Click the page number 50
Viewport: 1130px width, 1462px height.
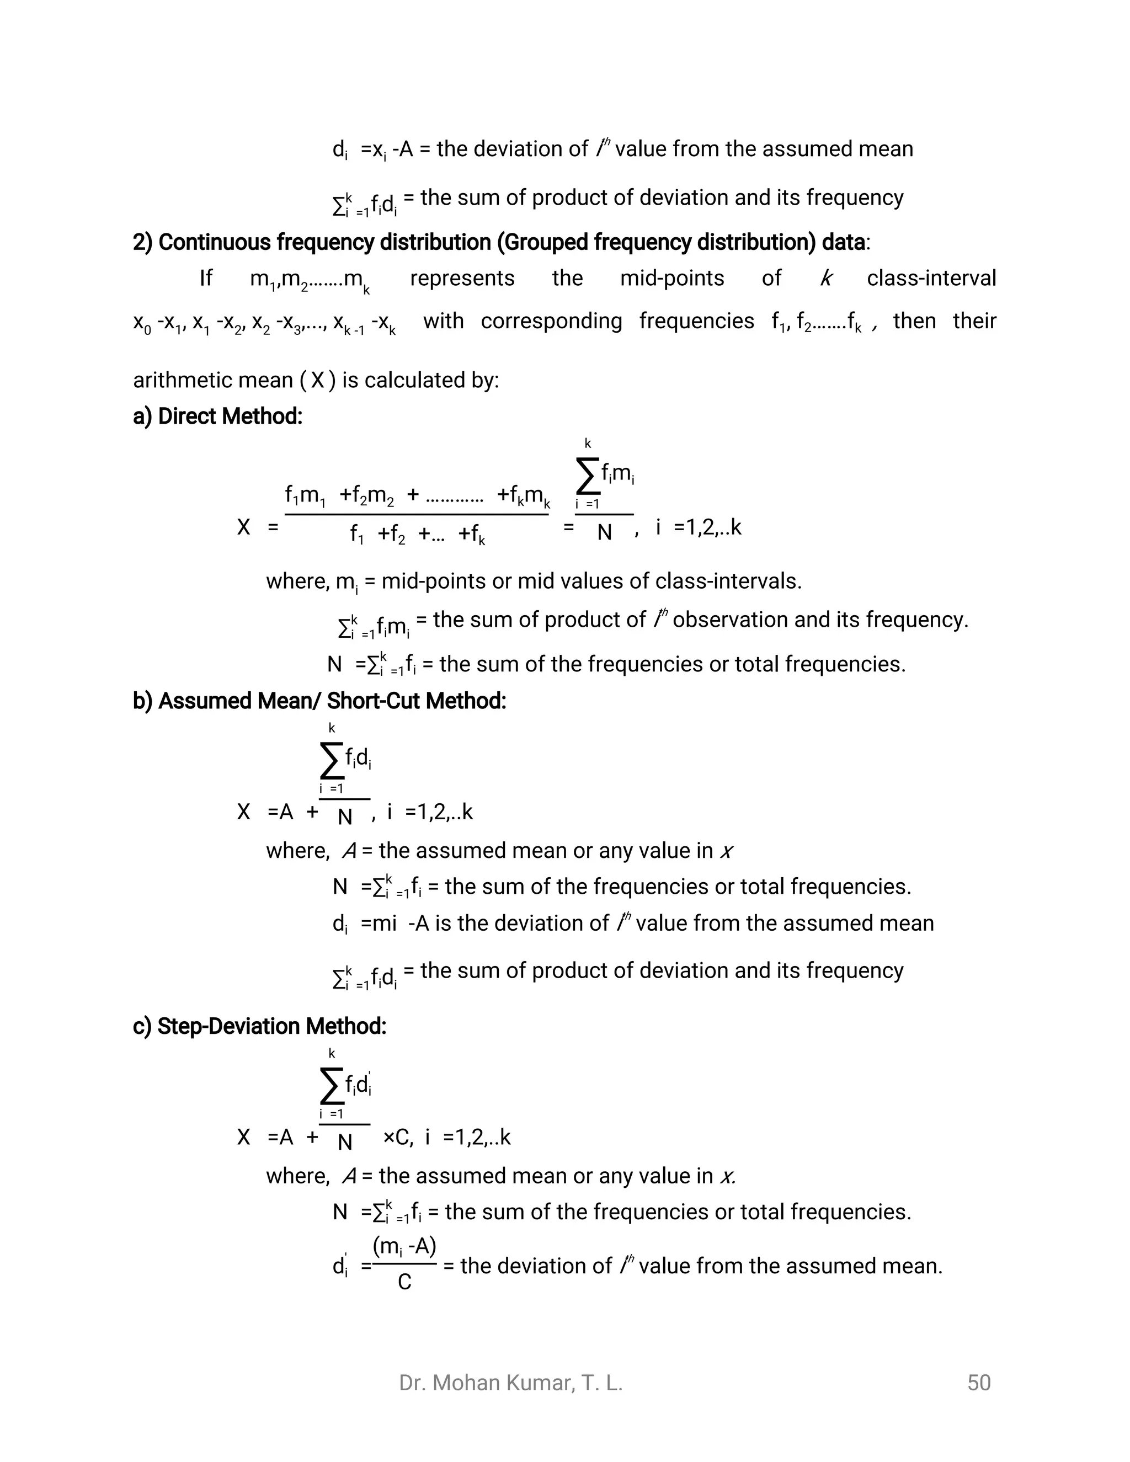point(978,1383)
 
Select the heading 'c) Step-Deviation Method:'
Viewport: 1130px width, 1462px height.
point(259,1026)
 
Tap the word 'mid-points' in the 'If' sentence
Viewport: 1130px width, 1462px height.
point(671,278)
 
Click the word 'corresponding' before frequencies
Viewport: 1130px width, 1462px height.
point(551,321)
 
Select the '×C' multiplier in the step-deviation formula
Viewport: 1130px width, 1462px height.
point(397,1138)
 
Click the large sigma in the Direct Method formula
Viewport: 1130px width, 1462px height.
point(587,477)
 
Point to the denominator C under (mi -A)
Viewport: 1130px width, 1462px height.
point(404,1282)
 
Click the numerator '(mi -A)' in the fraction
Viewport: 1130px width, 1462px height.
point(404,1246)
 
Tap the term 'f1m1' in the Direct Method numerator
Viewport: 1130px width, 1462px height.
point(305,496)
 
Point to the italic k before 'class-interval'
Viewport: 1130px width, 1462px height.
point(826,278)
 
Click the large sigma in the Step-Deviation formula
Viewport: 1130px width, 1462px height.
point(331,1086)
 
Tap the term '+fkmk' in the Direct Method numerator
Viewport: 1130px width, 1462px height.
point(523,496)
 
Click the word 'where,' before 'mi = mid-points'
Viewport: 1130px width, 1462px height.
point(298,581)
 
